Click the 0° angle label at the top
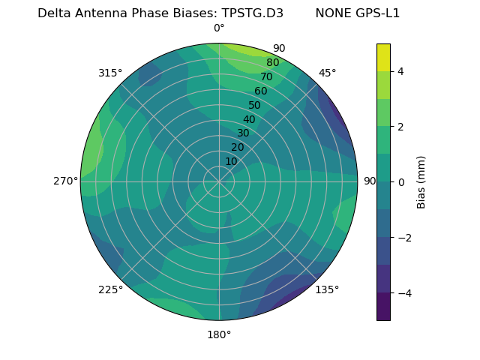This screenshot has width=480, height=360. tap(219, 28)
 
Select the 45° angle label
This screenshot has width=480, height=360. tap(327, 73)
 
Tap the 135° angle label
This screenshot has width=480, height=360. tap(327, 289)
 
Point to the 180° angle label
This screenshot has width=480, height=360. tap(219, 334)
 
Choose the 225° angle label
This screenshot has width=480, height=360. tap(110, 289)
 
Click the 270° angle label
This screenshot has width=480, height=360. tap(65, 181)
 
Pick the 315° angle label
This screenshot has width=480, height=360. tap(110, 73)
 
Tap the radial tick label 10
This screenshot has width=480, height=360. tap(231, 161)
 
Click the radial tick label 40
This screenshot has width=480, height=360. tap(249, 119)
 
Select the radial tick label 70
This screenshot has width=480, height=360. tap(266, 76)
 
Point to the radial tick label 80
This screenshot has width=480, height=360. tap(272, 62)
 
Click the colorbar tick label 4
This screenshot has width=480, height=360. tap(400, 71)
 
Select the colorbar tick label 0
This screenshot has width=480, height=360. tap(400, 182)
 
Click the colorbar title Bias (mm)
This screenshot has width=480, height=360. tap(421, 181)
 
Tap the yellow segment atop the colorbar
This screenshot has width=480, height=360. tap(383, 57)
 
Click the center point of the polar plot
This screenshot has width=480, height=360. tap(219, 181)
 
